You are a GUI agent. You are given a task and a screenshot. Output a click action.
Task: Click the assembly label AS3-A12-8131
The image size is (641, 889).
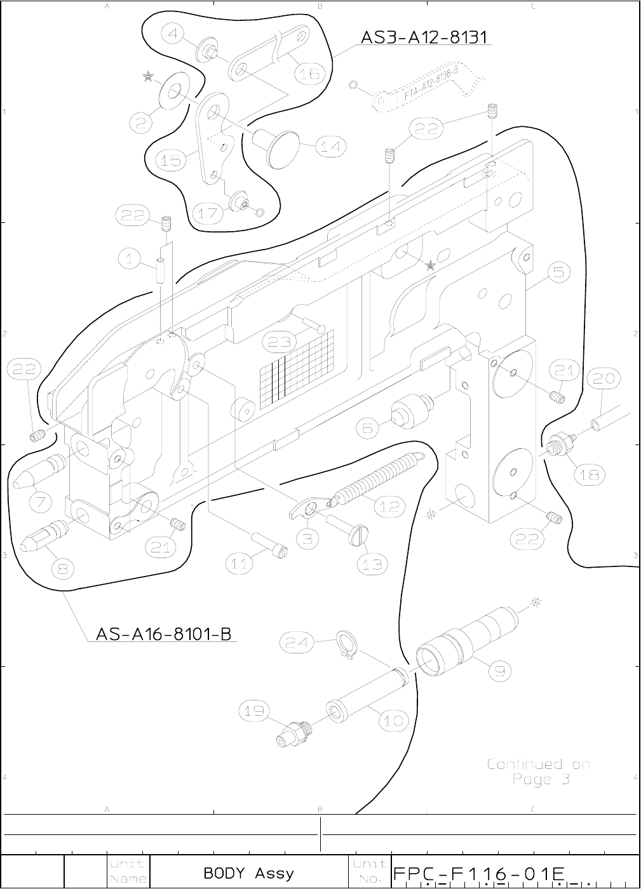click(x=425, y=37)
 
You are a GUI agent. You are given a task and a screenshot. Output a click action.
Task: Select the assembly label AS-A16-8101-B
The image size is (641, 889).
click(x=163, y=634)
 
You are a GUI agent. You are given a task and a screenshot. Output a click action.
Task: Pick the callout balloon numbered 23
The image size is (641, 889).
click(x=280, y=342)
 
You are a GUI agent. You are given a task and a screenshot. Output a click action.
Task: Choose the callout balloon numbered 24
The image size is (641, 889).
click(x=297, y=643)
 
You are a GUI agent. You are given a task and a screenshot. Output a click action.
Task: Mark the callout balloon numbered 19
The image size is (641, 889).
click(x=254, y=711)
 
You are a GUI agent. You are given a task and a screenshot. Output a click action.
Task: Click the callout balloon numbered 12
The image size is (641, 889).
click(x=389, y=507)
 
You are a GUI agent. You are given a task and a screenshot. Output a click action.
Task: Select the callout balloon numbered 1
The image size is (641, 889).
click(x=130, y=258)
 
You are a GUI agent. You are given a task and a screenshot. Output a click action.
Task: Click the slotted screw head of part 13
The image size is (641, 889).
click(x=360, y=538)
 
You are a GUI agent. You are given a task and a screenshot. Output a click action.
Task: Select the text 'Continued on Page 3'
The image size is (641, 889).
click(x=539, y=771)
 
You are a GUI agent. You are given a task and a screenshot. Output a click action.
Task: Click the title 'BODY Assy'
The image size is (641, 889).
click(x=249, y=873)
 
